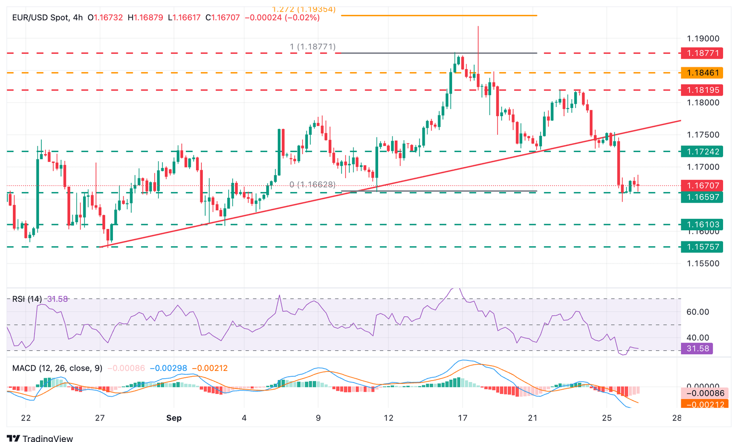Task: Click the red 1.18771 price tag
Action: (x=702, y=53)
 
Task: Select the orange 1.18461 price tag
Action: (x=702, y=73)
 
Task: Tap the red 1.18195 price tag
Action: (x=702, y=90)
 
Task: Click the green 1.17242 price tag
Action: (x=702, y=152)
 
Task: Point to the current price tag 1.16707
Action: (x=702, y=185)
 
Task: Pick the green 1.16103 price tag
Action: (x=702, y=224)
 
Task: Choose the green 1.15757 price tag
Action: (x=702, y=247)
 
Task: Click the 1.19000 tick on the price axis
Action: (x=703, y=39)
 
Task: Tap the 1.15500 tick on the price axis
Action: (x=703, y=263)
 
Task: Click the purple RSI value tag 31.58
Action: (x=697, y=348)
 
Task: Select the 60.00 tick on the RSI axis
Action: (x=698, y=312)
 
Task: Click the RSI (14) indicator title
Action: (x=27, y=299)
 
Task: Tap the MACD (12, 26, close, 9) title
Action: (x=57, y=368)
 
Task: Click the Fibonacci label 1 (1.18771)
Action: (x=312, y=47)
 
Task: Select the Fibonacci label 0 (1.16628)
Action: (x=312, y=185)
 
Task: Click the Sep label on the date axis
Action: (x=174, y=418)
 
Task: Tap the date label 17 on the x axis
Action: (x=462, y=418)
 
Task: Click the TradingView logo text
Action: (x=48, y=438)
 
